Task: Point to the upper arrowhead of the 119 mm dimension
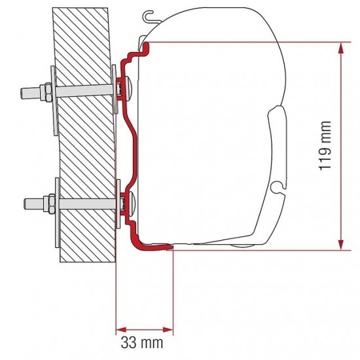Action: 340,47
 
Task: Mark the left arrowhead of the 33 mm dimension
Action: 120,329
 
